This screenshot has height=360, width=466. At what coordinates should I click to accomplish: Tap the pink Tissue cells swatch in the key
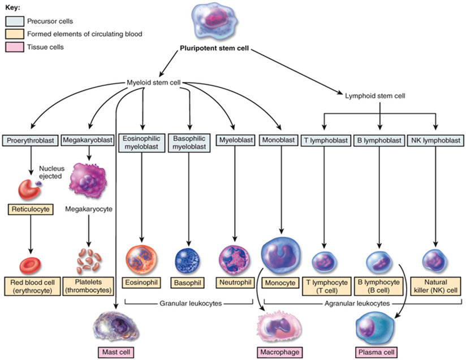[15, 47]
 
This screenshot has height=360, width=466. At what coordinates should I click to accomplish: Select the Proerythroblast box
[27, 140]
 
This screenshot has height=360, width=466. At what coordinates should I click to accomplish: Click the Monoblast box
[275, 140]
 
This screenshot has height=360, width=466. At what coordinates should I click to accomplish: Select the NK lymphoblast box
[435, 140]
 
